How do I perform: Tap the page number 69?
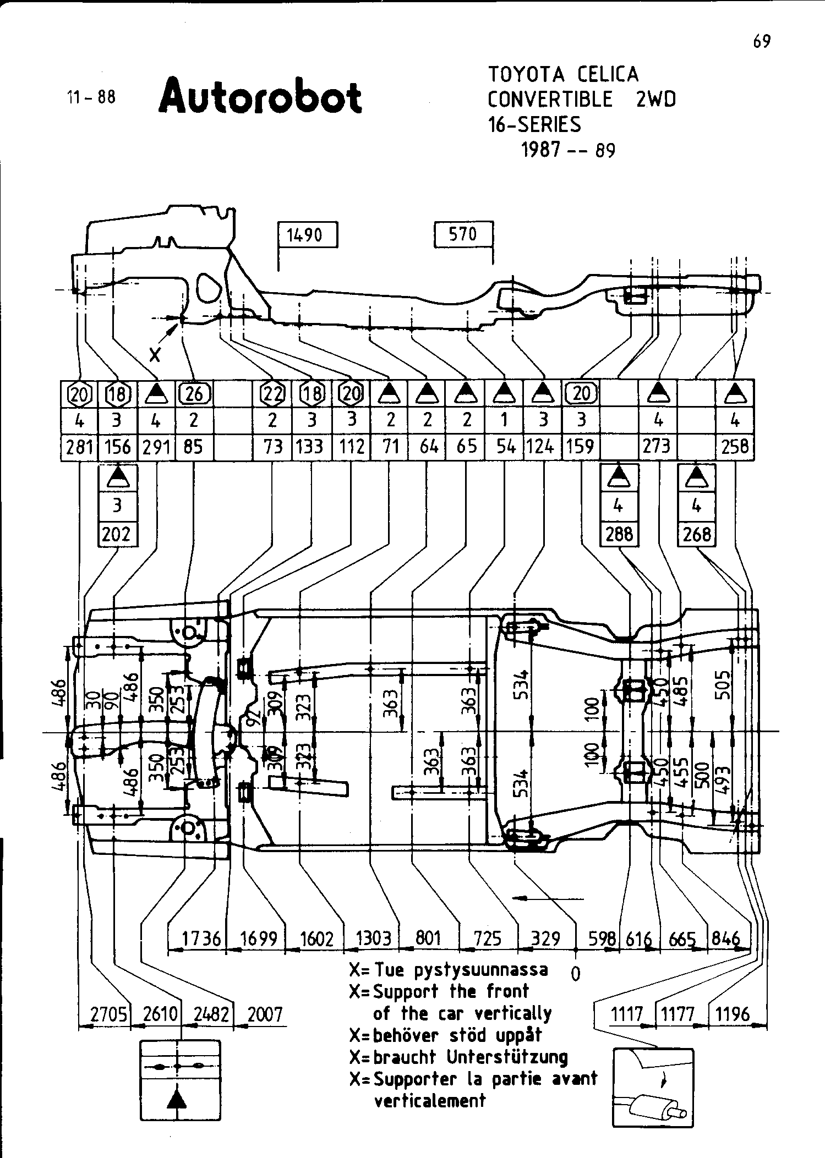click(762, 41)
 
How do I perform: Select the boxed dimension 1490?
click(308, 235)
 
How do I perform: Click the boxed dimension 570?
click(463, 234)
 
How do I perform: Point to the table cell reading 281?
click(79, 447)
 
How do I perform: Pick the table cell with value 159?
click(581, 447)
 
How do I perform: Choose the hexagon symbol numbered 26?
click(194, 394)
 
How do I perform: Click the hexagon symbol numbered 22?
click(272, 394)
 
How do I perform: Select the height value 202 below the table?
click(117, 534)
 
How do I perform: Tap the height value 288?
click(619, 534)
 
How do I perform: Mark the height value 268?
click(697, 534)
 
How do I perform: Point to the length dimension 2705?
click(109, 1014)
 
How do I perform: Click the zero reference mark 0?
click(576, 975)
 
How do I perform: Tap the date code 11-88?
click(91, 97)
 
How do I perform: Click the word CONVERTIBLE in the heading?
click(550, 100)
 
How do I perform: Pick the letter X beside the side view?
click(156, 355)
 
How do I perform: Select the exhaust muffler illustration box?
click(653, 1088)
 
